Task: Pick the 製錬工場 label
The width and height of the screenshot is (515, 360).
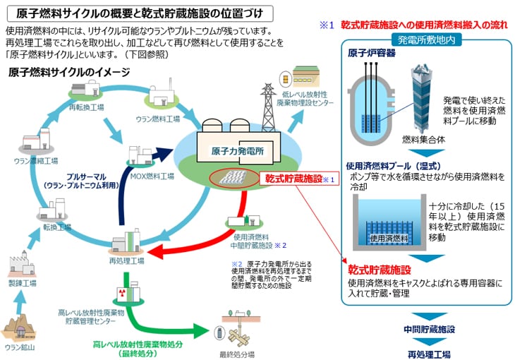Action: point(25,282)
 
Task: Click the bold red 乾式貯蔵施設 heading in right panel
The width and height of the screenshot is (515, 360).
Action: point(379,270)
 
